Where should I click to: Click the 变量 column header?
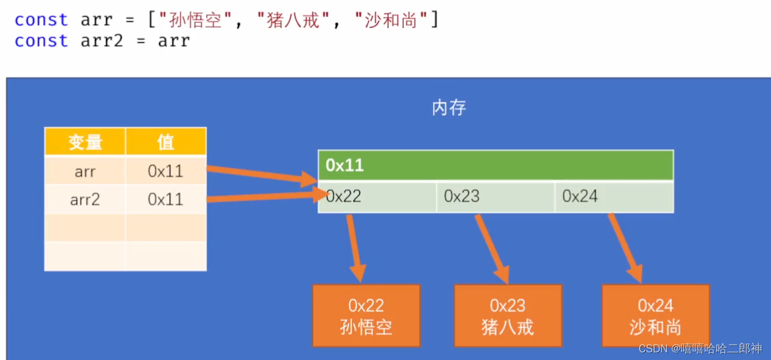point(85,142)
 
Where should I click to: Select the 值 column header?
point(166,142)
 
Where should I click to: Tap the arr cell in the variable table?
point(85,171)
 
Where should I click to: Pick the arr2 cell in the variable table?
point(85,200)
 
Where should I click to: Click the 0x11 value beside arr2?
point(166,200)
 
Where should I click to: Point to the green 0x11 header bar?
point(495,165)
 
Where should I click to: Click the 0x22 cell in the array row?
point(377,197)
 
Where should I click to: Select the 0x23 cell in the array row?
point(495,197)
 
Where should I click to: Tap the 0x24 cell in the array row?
point(614,197)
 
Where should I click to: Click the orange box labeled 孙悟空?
point(366,316)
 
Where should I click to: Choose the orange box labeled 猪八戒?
point(508,316)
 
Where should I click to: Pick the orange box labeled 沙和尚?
point(656,316)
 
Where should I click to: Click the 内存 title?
point(449,108)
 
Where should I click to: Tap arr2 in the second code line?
point(101,41)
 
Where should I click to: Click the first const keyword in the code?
point(41,20)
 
